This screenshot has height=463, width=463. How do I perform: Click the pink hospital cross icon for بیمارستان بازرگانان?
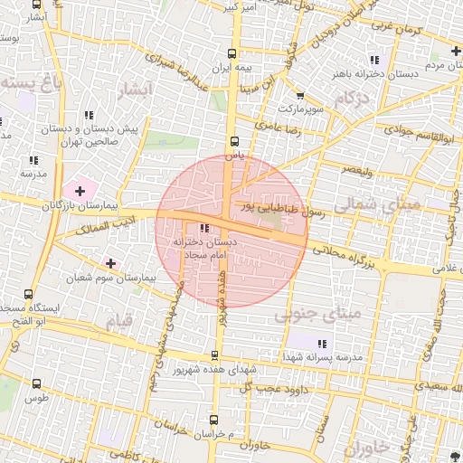click(x=80, y=191)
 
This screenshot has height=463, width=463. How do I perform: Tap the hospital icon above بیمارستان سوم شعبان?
click(x=110, y=263)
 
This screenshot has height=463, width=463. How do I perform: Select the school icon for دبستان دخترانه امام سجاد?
click(x=203, y=228)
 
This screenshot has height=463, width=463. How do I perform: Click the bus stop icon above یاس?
click(x=234, y=141)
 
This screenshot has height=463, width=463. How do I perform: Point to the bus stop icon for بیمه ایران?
click(x=234, y=54)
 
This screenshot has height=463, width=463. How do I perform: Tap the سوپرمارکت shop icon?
click(x=299, y=96)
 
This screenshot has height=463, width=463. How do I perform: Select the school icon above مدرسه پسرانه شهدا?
click(x=322, y=343)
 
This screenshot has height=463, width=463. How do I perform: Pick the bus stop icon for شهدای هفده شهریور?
click(x=214, y=355)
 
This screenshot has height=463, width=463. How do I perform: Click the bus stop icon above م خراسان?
click(x=214, y=420)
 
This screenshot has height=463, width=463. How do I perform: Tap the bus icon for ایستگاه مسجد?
click(x=29, y=294)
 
